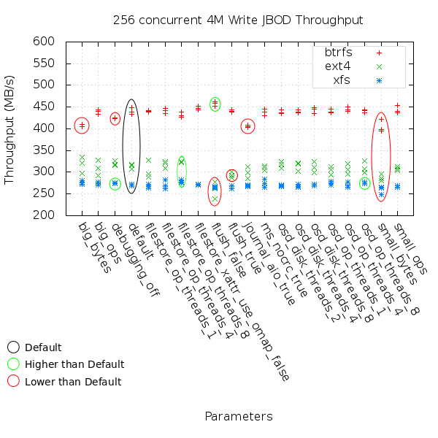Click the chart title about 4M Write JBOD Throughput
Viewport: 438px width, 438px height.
238,20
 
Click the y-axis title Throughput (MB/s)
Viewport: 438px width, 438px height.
10,128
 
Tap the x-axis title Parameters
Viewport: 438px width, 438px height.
238,417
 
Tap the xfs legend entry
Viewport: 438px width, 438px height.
341,80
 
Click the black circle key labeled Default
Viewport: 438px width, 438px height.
13,347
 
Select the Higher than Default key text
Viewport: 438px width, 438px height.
74,364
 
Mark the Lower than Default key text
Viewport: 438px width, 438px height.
73,381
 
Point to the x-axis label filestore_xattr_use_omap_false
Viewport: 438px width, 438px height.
245,299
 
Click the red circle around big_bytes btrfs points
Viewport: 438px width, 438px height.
82,126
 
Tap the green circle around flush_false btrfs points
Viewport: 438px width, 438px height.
215,104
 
